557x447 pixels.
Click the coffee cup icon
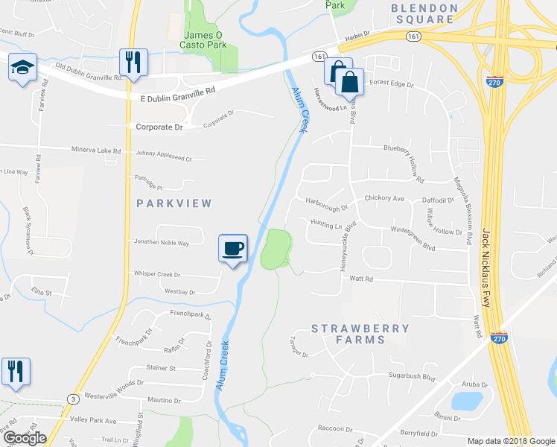click(233, 247)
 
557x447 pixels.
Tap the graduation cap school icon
click(22, 69)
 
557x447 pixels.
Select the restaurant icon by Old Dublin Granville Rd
click(134, 63)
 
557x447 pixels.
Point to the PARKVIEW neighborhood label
click(175, 203)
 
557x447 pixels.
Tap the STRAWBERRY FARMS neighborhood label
click(360, 334)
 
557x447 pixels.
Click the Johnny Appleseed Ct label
click(164, 159)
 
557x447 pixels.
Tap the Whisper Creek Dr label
click(156, 274)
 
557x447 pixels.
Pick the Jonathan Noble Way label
click(161, 243)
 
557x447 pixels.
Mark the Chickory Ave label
click(384, 199)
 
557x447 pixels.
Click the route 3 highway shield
click(73, 399)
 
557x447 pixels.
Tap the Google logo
click(25, 438)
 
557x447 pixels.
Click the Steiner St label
click(161, 368)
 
